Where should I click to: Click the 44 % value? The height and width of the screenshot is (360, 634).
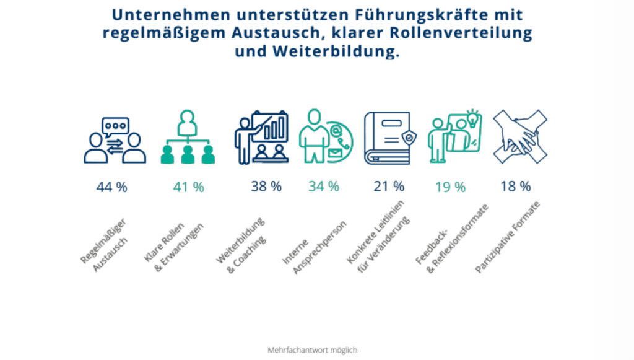(x=111, y=187)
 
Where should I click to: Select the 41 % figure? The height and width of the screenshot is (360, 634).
(x=188, y=187)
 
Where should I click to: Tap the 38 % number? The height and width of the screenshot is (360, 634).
(x=266, y=186)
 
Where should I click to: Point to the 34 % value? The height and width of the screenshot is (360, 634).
(x=323, y=186)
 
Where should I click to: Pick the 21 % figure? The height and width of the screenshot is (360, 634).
(x=389, y=186)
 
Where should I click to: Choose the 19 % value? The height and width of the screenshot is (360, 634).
(x=450, y=187)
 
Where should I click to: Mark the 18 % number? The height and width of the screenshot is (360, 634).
(x=515, y=186)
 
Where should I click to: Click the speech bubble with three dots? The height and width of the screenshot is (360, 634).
(x=116, y=126)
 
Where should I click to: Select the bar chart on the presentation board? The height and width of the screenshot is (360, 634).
(x=276, y=128)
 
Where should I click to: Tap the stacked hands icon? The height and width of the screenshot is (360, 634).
(x=519, y=136)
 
